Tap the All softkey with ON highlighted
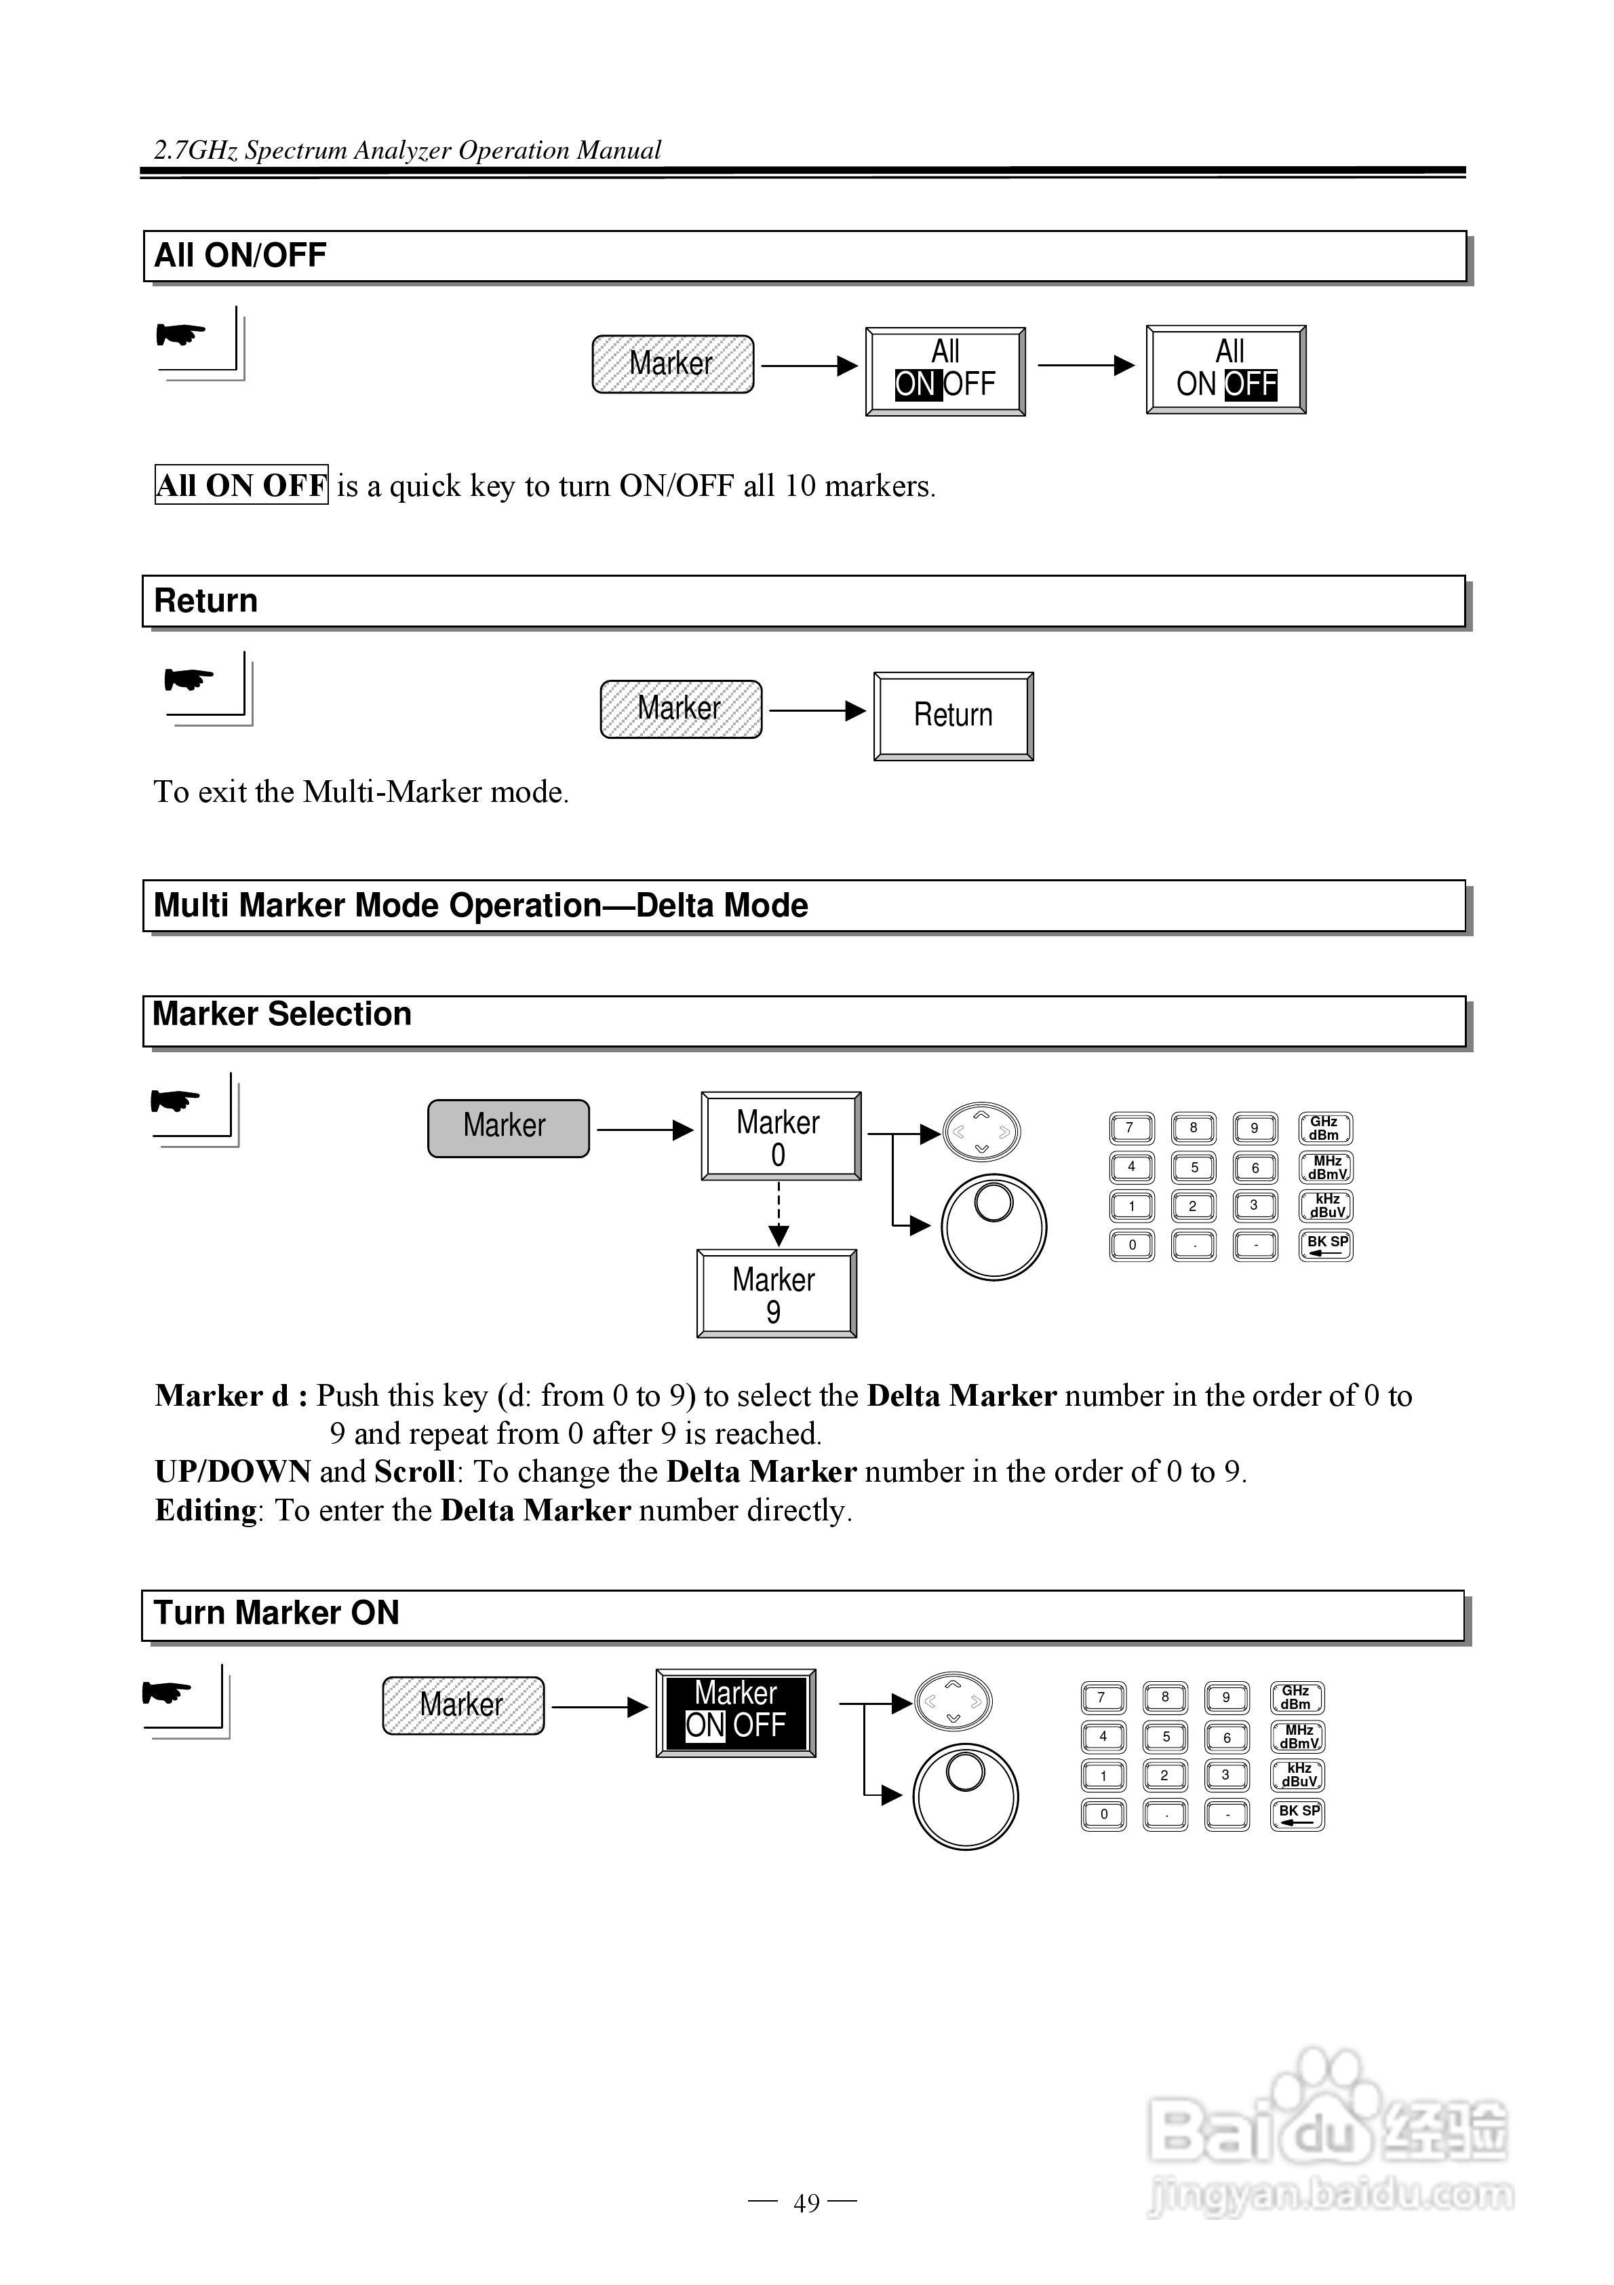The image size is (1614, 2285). [944, 370]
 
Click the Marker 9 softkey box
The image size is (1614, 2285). [775, 1293]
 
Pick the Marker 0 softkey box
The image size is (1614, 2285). [780, 1136]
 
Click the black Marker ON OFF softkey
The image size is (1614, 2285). [735, 1713]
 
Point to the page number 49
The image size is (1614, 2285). [806, 2204]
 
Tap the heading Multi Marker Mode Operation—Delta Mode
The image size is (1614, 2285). [481, 906]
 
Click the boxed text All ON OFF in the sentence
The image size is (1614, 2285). [241, 486]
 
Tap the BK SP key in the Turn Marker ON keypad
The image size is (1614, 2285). [1297, 1814]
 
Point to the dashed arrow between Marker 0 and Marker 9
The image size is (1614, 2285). [779, 1213]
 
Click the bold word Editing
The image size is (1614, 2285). [206, 1511]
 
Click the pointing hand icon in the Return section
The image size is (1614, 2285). [189, 680]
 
